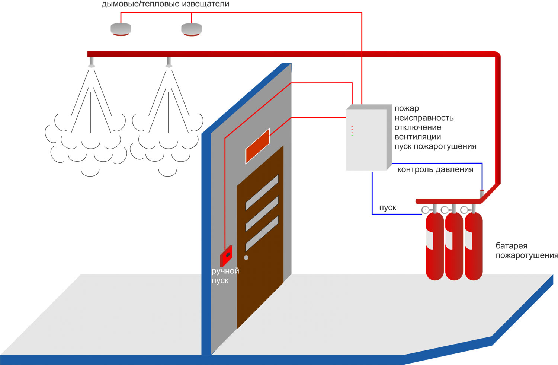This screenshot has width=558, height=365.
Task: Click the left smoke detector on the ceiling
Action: pyautogui.click(x=121, y=29)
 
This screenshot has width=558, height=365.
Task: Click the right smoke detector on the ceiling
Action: pyautogui.click(x=192, y=29)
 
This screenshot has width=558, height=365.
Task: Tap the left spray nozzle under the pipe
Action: pyautogui.click(x=92, y=63)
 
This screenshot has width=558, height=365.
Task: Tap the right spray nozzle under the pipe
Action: pyautogui.click(x=169, y=63)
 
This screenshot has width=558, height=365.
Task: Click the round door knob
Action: pyautogui.click(x=246, y=257)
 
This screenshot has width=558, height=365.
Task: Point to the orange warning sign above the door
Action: pyautogui.click(x=257, y=146)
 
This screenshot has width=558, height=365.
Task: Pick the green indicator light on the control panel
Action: pyautogui.click(x=352, y=136)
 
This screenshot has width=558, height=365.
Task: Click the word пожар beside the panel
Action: pyautogui.click(x=407, y=108)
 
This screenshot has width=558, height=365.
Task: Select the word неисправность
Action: pyautogui.click(x=424, y=118)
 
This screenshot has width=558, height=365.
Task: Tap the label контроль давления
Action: pyautogui.click(x=435, y=170)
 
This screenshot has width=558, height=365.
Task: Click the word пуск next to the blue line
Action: pyautogui.click(x=388, y=208)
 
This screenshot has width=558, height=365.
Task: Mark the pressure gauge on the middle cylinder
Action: pyautogui.click(x=445, y=210)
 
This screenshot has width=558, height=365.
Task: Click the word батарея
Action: pyautogui.click(x=511, y=246)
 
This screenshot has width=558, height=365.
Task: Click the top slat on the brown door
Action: pyautogui.click(x=262, y=192)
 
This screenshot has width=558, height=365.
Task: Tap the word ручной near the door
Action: pyautogui.click(x=225, y=271)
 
